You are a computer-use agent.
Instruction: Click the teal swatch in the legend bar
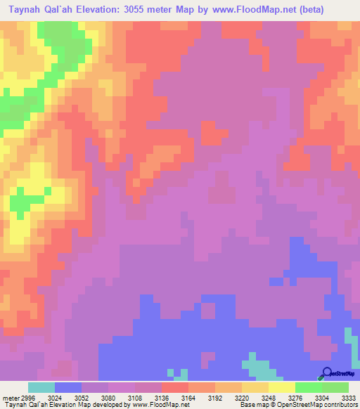pyautogui.click(x=41, y=387)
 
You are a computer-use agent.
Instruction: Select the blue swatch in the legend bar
pyautogui.click(x=67, y=387)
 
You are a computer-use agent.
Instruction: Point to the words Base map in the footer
pyautogui.click(x=252, y=405)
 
